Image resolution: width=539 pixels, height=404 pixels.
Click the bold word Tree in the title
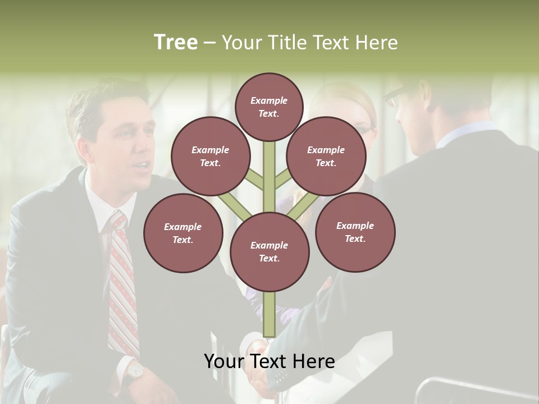pyautogui.click(x=176, y=42)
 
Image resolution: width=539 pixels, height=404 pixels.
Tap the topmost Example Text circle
pyautogui.click(x=269, y=107)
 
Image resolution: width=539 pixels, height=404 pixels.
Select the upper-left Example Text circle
pyautogui.click(x=211, y=156)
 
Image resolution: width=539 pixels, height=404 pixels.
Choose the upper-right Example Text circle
pyautogui.click(x=326, y=156)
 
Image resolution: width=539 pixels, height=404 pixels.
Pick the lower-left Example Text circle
pyautogui.click(x=183, y=233)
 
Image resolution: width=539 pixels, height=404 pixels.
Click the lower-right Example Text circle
pyautogui.click(x=355, y=232)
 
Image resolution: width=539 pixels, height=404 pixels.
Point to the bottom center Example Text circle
pyautogui.click(x=269, y=251)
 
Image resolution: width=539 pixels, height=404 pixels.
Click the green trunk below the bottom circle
pyautogui.click(x=269, y=314)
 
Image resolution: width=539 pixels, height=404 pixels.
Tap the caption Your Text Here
pyautogui.click(x=269, y=362)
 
